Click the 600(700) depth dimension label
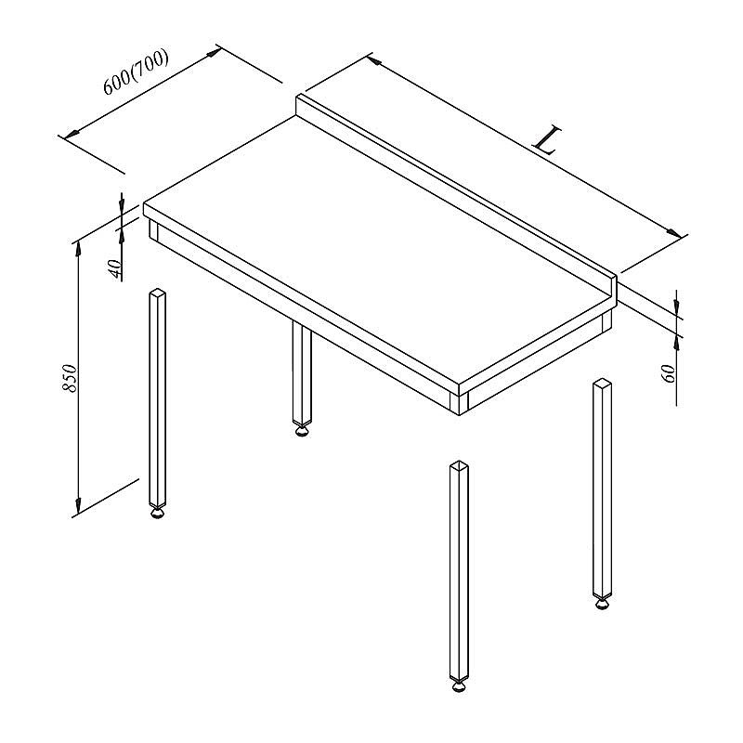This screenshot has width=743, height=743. pos(136,72)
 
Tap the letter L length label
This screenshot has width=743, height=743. pos(547,141)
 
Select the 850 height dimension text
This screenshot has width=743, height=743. pos(70,378)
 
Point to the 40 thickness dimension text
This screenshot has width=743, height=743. pos(115,268)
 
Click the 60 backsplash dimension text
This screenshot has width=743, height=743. pos(668,374)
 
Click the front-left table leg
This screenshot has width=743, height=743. pos(158,398)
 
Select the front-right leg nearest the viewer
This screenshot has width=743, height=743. pos(459,570)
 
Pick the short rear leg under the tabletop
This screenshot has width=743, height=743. pos(302,373)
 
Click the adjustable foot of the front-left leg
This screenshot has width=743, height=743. pos(158,513)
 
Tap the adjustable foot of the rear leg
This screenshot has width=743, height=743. pos(302,431)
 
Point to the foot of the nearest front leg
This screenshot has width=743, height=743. pos(459,687)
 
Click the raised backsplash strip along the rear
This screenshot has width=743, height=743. pos(456,194)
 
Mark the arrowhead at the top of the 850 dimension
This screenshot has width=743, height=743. pos(78,248)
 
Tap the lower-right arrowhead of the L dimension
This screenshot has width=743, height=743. pos(674,233)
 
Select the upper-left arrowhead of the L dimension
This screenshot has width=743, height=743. pos(374,60)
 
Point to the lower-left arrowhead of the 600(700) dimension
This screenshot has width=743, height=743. pos(72,135)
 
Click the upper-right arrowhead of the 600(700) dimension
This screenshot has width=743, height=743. pos(215,52)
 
